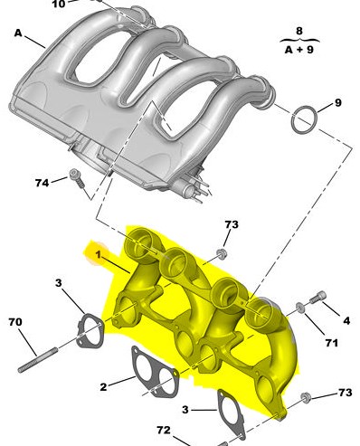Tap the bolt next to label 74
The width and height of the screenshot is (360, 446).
(76, 179)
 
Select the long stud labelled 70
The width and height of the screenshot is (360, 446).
(38, 360)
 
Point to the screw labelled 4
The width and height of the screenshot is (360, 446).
(317, 297)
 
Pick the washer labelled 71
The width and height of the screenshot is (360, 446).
(300, 308)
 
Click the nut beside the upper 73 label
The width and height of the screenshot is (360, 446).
(222, 254)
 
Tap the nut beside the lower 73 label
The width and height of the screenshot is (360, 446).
(306, 398)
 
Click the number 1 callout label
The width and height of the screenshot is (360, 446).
(98, 255)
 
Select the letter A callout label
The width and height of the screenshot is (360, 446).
(18, 33)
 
